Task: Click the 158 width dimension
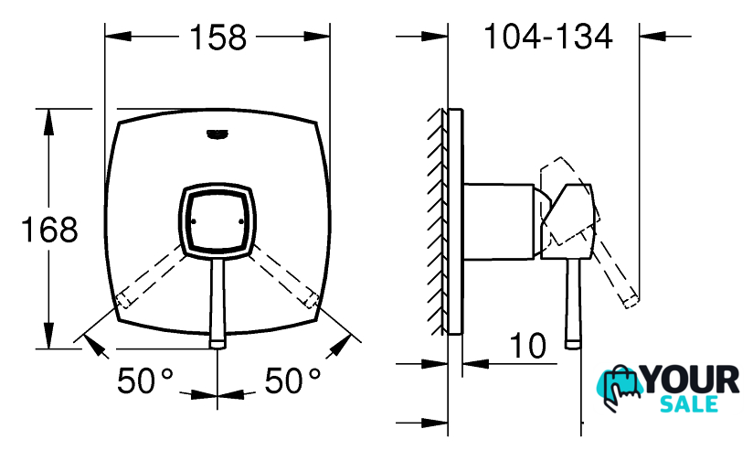point(218,37)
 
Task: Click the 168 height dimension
point(49,230)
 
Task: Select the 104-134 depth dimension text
point(548,37)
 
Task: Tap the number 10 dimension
point(527,346)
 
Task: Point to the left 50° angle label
point(145,381)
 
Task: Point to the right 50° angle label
point(292,381)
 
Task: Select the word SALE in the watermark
point(689,403)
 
